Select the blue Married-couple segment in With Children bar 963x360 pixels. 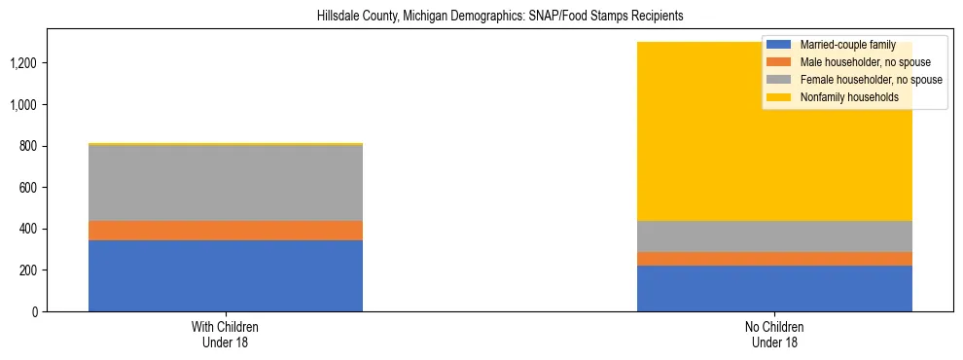[x=226, y=275]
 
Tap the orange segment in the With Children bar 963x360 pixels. [x=226, y=230]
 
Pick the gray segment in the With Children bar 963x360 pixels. [x=226, y=183]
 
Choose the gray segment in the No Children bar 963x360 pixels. [x=774, y=236]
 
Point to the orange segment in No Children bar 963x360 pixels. [x=774, y=259]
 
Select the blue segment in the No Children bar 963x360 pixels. [x=774, y=288]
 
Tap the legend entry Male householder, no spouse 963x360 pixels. [x=859, y=62]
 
